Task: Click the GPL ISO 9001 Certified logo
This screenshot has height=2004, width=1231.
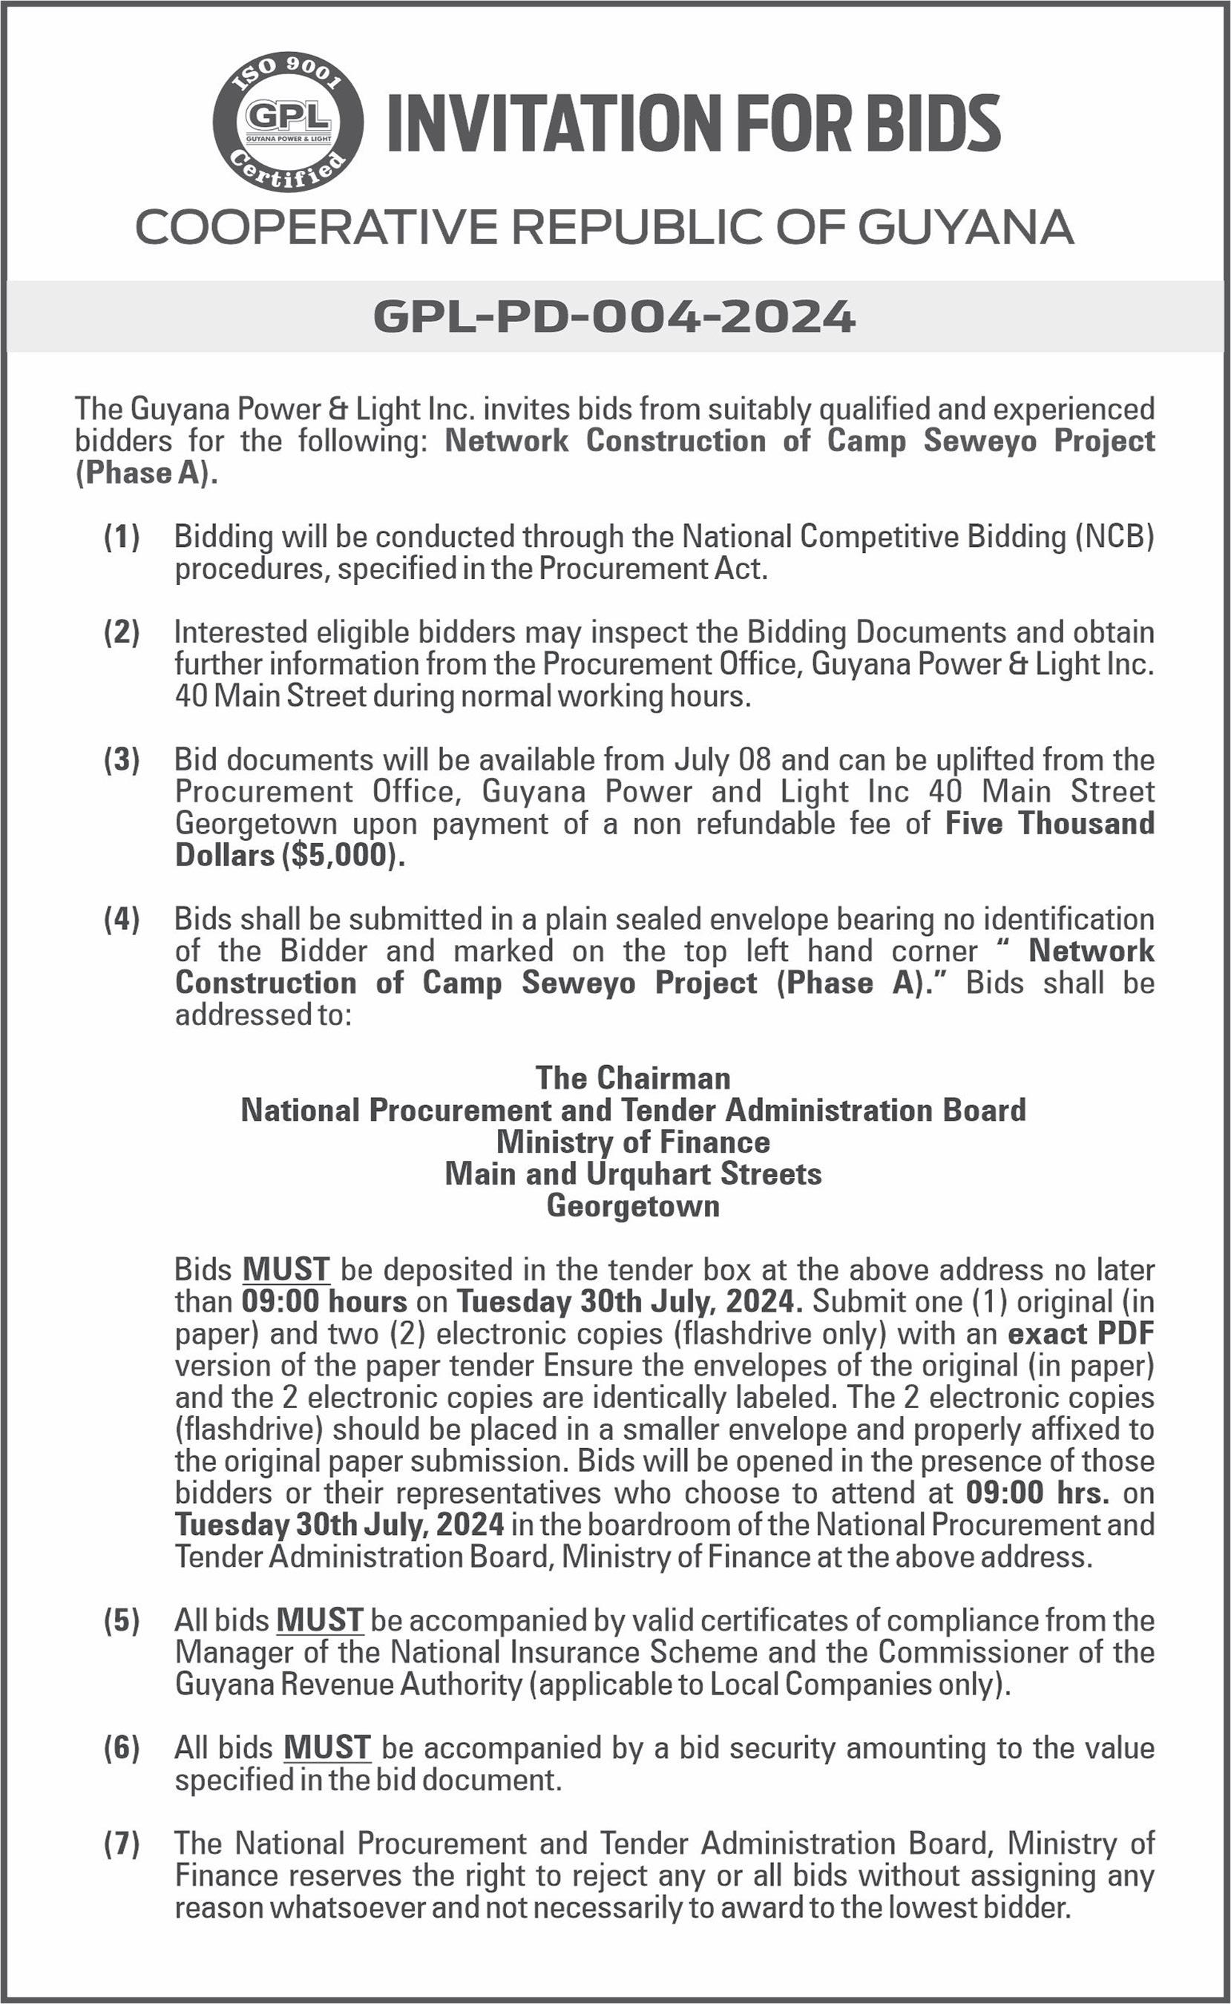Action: pos(288,122)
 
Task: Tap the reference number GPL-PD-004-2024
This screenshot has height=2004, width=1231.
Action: pos(614,316)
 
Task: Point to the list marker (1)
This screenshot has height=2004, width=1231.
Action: pos(122,537)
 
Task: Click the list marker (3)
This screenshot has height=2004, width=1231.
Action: pos(122,760)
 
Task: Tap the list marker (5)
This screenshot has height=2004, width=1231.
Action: pos(122,1620)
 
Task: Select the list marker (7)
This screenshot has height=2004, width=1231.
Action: pos(122,1844)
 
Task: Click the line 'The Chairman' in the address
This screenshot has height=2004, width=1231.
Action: pos(633,1078)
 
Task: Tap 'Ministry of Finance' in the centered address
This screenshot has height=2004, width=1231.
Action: pos(633,1142)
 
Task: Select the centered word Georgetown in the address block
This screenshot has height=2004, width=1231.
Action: pos(633,1205)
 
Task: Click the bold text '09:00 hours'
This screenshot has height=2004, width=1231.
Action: pos(324,1301)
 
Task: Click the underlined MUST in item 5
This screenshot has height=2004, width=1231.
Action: pos(319,1620)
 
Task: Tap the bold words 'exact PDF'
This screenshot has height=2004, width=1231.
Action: pos(1080,1334)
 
